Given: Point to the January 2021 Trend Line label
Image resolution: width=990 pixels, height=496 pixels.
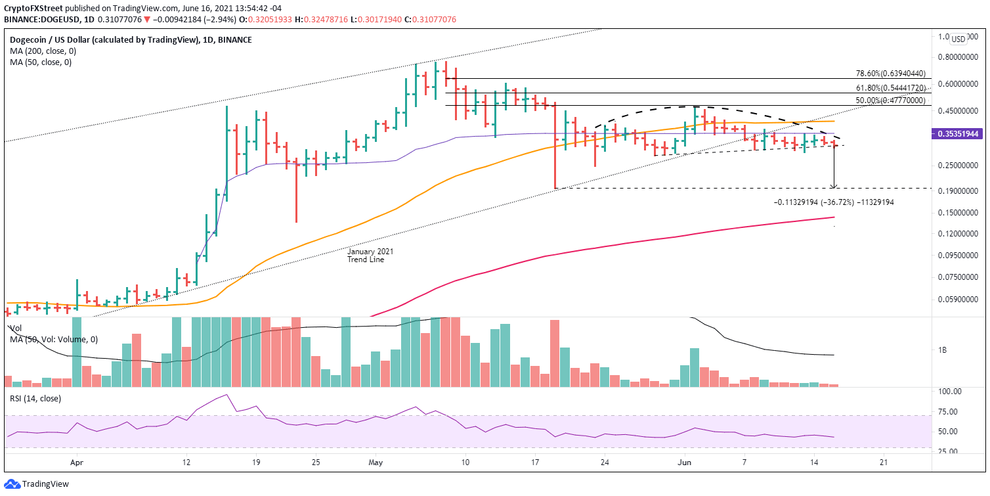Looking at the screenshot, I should [371, 256].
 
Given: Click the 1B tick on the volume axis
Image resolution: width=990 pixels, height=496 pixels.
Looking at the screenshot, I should [943, 350].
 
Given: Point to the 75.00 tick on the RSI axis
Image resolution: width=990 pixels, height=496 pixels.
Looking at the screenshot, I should [947, 412].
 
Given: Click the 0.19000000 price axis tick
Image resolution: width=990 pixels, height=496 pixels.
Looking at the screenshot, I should [956, 191].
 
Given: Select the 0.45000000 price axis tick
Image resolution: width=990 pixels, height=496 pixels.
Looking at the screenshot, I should [956, 110].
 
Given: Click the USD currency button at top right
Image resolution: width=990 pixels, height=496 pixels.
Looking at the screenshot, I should [959, 39].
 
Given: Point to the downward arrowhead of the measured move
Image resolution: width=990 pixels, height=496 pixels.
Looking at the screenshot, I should [834, 187].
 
